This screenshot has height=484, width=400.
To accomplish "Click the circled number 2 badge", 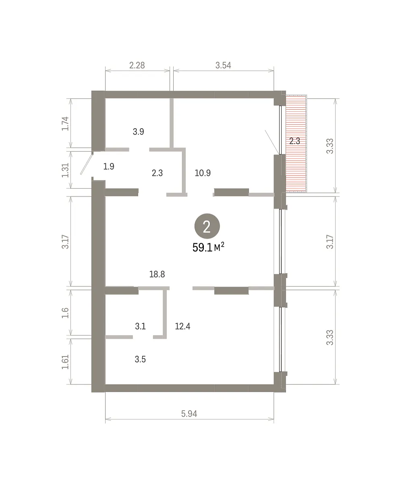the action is pyautogui.click(x=207, y=226).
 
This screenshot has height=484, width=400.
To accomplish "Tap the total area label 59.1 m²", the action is pyautogui.click(x=208, y=247).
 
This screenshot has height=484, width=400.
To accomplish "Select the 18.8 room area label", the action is pyautogui.click(x=157, y=274).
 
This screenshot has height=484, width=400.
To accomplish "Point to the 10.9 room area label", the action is pyautogui.click(x=203, y=173).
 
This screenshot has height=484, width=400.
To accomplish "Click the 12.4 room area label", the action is pyautogui.click(x=182, y=326).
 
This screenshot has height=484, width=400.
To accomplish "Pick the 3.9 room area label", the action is pyautogui.click(x=139, y=131).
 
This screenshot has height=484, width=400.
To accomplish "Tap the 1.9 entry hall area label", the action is pyautogui.click(x=109, y=167).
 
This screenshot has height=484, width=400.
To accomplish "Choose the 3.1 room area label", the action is pyautogui.click(x=140, y=326).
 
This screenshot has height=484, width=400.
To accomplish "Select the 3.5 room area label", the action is pyautogui.click(x=140, y=359).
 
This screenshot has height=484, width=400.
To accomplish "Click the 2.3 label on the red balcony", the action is pyautogui.click(x=295, y=141).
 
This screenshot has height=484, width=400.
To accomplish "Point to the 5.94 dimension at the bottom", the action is pyautogui.click(x=189, y=414).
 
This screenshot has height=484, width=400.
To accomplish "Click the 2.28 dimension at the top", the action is pyautogui.click(x=137, y=65).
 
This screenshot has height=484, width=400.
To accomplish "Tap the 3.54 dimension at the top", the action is pyautogui.click(x=223, y=65).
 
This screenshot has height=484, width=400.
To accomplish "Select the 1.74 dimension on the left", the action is pyautogui.click(x=65, y=123).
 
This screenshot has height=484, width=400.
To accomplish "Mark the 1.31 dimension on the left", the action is pyautogui.click(x=65, y=170).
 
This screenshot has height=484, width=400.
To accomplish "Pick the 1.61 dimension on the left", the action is pyautogui.click(x=65, y=362).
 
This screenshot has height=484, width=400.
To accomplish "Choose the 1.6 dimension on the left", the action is pyautogui.click(x=65, y=313).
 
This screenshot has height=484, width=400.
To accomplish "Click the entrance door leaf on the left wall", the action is pyautogui.click(x=87, y=164).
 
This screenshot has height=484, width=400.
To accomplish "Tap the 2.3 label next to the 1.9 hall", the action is pyautogui.click(x=157, y=173).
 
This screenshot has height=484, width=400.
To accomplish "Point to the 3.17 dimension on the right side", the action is pyautogui.click(x=330, y=242).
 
